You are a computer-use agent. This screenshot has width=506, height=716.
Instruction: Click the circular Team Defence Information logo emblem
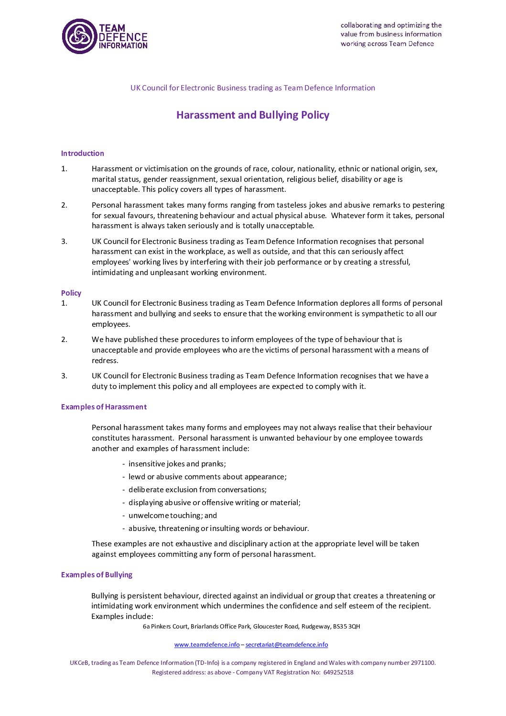coord(79,36)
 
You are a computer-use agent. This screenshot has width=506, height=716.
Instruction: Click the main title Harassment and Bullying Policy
coord(253,115)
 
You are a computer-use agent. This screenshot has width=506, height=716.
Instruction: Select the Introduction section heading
coord(83,154)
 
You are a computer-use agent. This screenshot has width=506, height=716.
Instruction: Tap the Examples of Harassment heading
coord(104,407)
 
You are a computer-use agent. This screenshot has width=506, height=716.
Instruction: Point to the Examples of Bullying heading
coord(97,575)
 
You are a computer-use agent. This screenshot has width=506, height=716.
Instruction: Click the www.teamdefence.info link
coord(207,645)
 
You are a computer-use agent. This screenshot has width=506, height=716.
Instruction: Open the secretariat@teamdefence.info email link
coord(287,645)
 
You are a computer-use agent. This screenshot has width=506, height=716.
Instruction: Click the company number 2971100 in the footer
coord(422,663)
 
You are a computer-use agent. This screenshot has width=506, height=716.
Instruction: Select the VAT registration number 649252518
coord(338,672)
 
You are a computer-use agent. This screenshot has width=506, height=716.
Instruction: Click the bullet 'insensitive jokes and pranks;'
coord(177,464)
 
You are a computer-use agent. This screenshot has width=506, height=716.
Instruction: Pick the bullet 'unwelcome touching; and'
coord(172,516)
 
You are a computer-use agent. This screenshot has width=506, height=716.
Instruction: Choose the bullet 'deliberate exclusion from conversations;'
coord(197,490)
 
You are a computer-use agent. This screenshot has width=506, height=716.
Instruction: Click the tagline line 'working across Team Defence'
coord(387,44)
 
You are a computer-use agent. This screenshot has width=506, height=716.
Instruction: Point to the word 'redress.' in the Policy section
coord(105,361)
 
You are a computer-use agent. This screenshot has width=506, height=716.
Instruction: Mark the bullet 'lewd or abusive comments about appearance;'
coord(207,477)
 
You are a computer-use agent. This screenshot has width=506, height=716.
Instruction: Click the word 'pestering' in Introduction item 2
coord(428,205)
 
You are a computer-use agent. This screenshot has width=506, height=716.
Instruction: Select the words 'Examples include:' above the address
coord(122,617)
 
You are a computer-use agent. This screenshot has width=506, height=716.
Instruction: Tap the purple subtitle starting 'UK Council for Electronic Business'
coord(253,88)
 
